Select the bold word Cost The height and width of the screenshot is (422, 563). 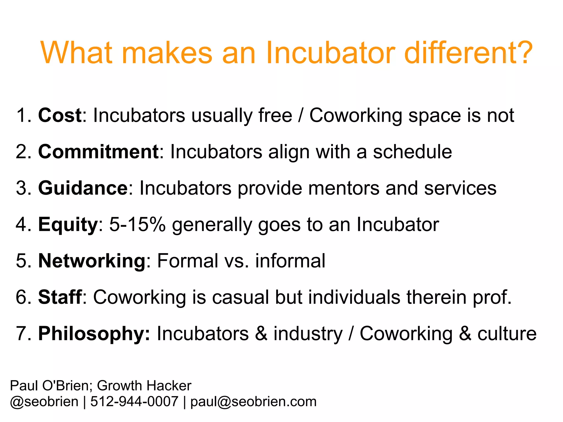pyautogui.click(x=60, y=115)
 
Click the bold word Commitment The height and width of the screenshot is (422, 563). pyautogui.click(x=98, y=152)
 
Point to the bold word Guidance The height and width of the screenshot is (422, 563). pyautogui.click(x=82, y=188)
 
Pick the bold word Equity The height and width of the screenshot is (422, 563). pyautogui.click(x=68, y=225)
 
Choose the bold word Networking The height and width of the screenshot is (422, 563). pyautogui.click(x=92, y=261)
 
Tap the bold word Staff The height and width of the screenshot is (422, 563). pyautogui.click(x=60, y=297)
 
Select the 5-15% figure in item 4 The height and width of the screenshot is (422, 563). pyautogui.click(x=137, y=225)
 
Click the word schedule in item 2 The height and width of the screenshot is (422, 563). pyautogui.click(x=412, y=152)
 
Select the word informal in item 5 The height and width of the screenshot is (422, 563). pyautogui.click(x=290, y=261)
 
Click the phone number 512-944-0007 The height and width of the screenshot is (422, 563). pyautogui.click(x=134, y=401)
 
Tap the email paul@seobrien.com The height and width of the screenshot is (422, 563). pyautogui.click(x=253, y=401)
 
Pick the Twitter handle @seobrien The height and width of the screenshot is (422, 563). pyautogui.click(x=44, y=401)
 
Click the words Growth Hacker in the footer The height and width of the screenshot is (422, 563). pyautogui.click(x=144, y=385)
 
